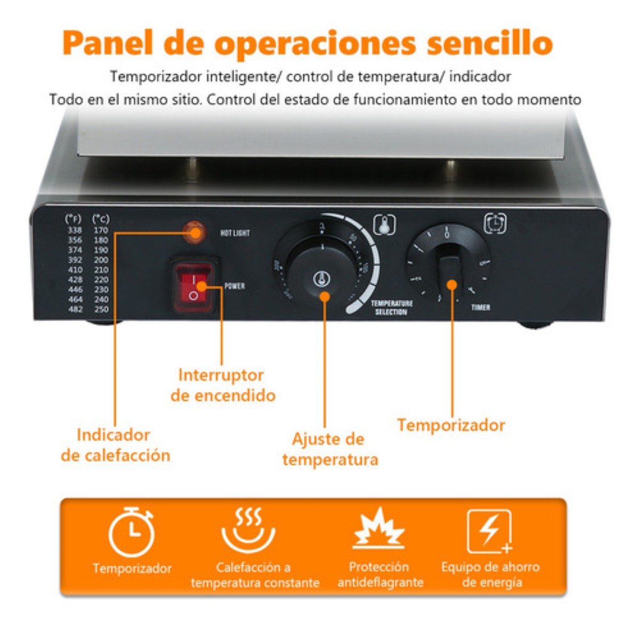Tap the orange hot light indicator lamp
click(x=194, y=232)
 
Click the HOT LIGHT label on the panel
click(x=235, y=233)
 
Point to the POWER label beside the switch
click(x=235, y=286)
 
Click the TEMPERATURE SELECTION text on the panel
click(x=392, y=308)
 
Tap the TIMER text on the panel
click(x=481, y=308)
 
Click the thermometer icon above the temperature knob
click(x=385, y=225)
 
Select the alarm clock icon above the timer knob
click(x=495, y=223)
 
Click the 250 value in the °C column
click(x=101, y=309)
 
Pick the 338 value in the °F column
click(x=75, y=230)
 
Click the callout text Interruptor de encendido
click(x=222, y=385)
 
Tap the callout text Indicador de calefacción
click(x=115, y=445)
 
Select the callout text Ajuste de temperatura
click(x=330, y=449)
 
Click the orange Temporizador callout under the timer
click(x=451, y=425)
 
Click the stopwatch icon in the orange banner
click(x=132, y=532)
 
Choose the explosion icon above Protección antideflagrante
click(x=380, y=529)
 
